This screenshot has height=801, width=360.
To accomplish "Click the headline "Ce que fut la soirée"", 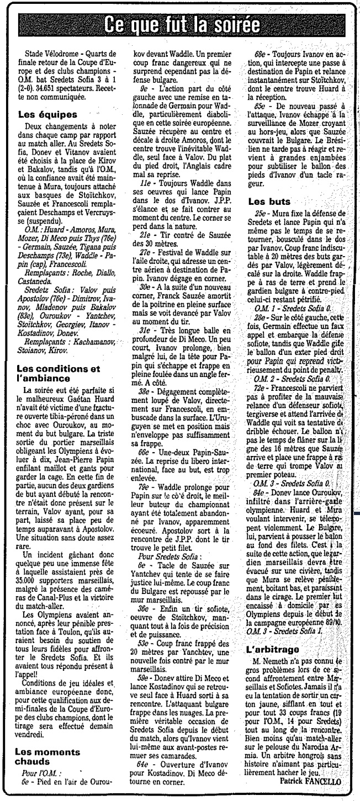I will (179, 26).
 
